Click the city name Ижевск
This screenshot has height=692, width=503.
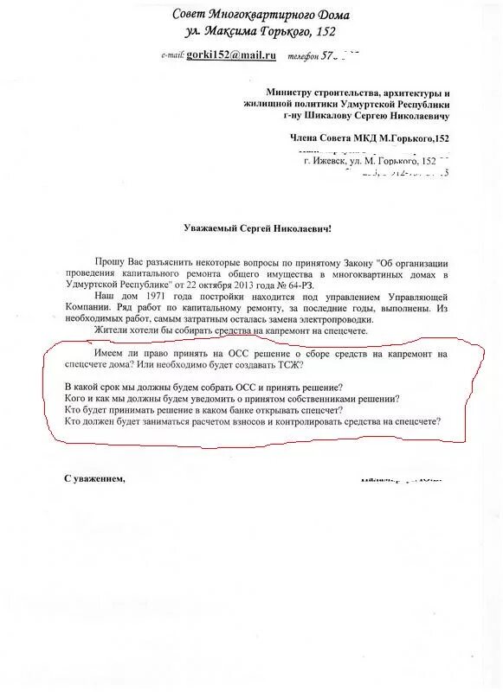[328, 161]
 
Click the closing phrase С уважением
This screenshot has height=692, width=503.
[94, 477]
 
